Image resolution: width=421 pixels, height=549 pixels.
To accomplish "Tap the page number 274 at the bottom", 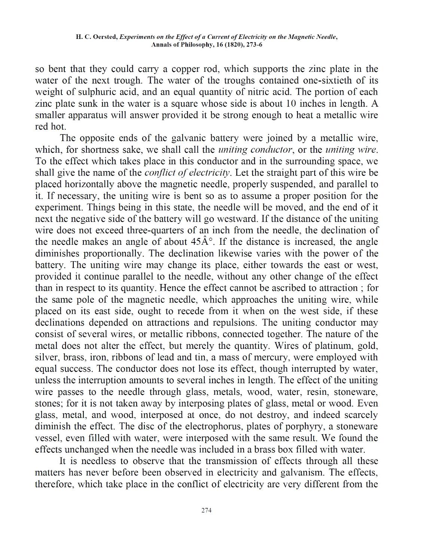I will (207, 510).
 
